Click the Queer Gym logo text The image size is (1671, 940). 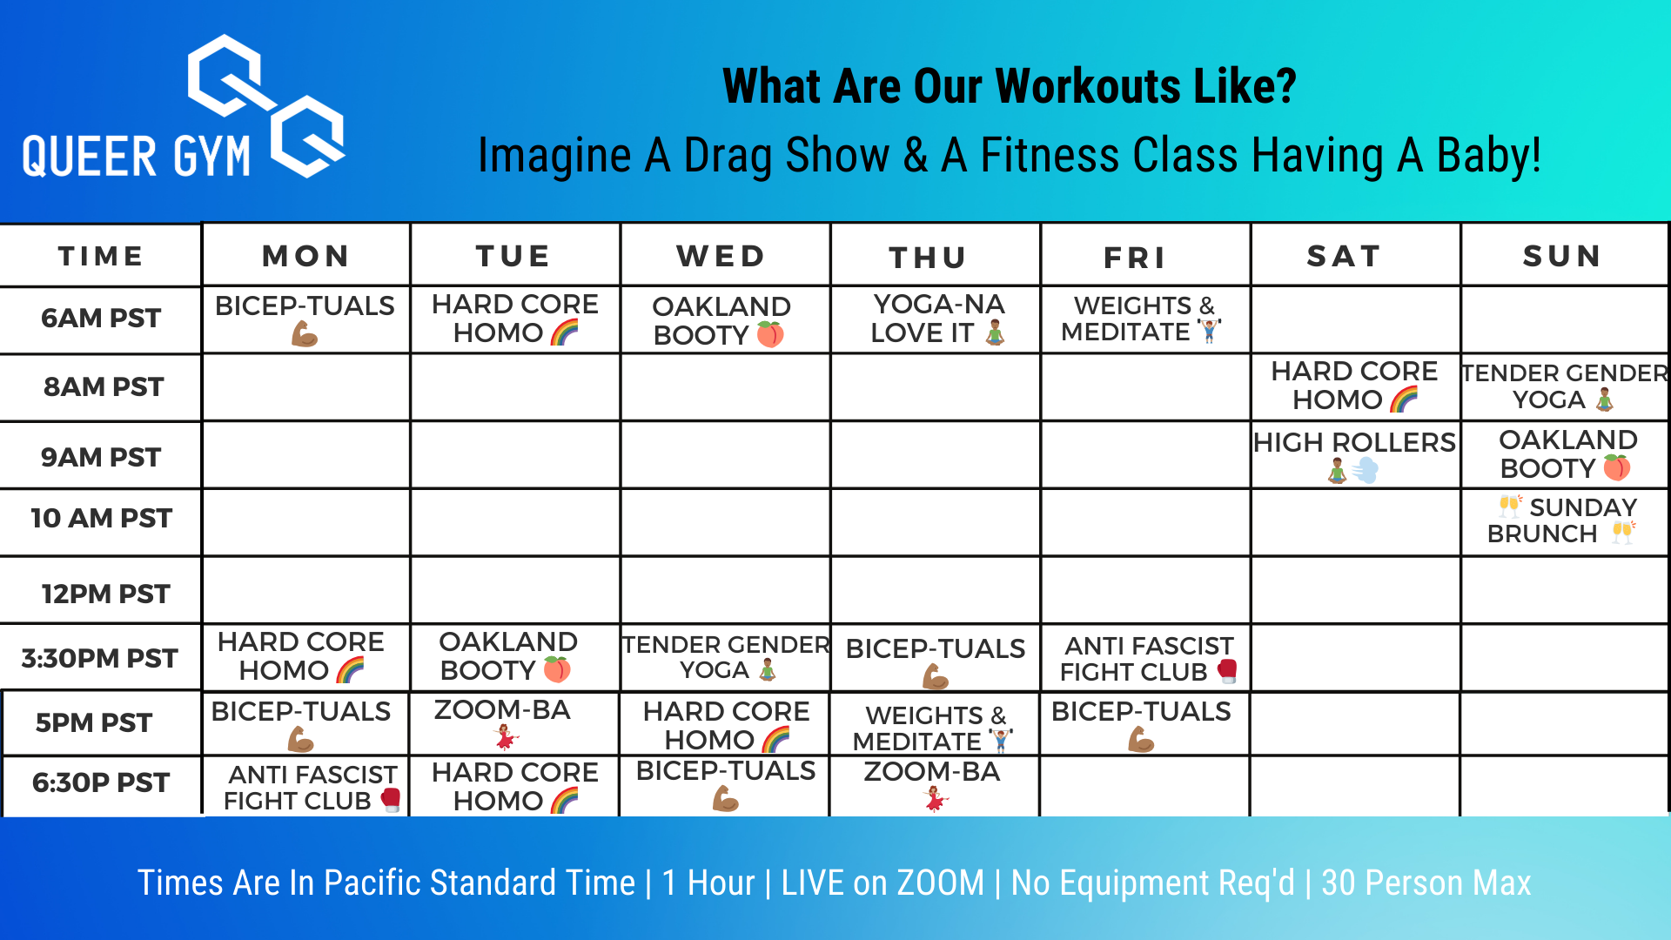click(x=137, y=157)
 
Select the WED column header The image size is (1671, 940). click(x=721, y=256)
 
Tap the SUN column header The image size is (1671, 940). click(x=1562, y=256)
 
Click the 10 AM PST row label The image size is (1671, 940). click(x=101, y=519)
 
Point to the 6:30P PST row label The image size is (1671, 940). click(x=101, y=782)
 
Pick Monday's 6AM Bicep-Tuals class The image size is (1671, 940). click(x=305, y=319)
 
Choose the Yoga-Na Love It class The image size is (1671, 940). click(x=938, y=319)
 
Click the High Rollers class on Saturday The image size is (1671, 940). click(x=1354, y=455)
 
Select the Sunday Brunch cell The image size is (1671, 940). click(x=1563, y=520)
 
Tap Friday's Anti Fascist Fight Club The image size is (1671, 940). click(x=1149, y=659)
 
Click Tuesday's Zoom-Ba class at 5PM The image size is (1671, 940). click(x=503, y=722)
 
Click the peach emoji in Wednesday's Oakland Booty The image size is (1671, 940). click(x=770, y=334)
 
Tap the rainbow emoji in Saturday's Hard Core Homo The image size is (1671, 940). click(x=1404, y=399)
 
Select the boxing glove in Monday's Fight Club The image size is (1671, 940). click(x=391, y=799)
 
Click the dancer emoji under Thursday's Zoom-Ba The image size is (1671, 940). click(x=936, y=798)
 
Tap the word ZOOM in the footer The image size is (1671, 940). click(x=941, y=883)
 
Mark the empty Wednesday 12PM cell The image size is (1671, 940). click(x=726, y=590)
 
